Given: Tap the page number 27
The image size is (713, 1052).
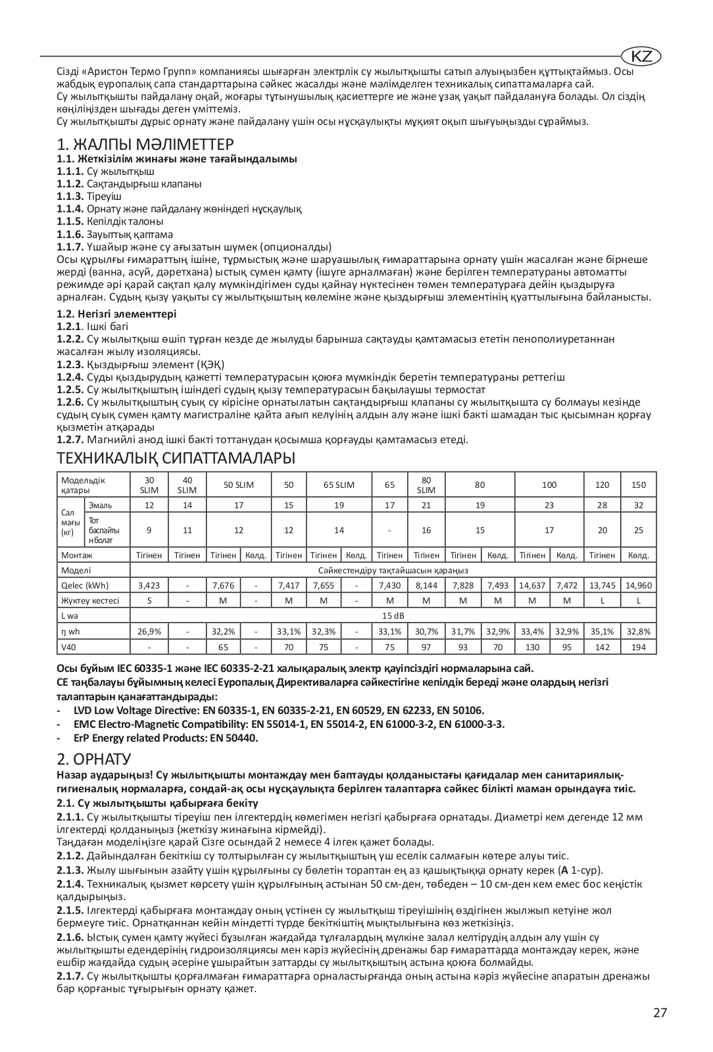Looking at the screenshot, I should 660,1013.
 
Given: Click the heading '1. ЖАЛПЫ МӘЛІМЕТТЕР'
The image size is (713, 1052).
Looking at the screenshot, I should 145,144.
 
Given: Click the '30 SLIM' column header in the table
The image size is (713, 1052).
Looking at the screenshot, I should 149,485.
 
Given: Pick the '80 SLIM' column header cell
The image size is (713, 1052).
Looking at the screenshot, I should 426,485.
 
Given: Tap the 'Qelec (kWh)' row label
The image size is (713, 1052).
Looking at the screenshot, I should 85,585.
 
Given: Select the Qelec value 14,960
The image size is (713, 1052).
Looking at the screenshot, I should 639,585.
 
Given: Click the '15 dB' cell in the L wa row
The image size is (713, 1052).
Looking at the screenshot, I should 393,615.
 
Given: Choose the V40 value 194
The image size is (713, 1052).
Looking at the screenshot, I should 639,647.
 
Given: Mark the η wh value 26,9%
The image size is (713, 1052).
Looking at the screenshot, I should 149,631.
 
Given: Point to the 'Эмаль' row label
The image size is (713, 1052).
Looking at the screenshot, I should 100,505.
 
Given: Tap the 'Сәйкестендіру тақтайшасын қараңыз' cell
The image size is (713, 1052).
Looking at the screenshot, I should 393,570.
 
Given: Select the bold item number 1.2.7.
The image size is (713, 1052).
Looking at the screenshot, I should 70,440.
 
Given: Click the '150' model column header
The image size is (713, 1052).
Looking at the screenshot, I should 639,485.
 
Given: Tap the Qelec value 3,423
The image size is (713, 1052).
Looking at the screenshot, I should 149,585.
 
